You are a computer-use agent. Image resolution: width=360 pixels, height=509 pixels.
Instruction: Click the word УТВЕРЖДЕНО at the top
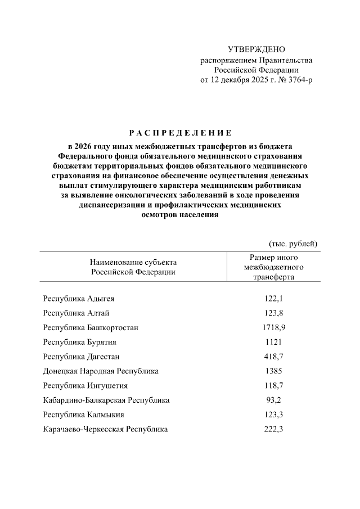tap(256, 50)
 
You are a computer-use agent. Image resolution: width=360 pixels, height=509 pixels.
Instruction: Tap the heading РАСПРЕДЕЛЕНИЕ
tap(180, 133)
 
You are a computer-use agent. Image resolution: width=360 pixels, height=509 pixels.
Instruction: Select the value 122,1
tap(273, 298)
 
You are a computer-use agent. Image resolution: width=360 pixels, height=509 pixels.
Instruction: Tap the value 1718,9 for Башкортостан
tap(273, 327)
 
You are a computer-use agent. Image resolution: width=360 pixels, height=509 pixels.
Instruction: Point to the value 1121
tap(273, 342)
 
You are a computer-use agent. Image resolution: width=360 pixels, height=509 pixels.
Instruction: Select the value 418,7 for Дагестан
tap(273, 357)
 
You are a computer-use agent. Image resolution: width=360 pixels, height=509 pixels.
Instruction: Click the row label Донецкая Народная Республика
tap(101, 371)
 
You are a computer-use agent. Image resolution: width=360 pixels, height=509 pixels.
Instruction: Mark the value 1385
tap(273, 371)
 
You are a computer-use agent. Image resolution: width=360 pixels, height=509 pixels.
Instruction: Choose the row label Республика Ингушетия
tap(85, 386)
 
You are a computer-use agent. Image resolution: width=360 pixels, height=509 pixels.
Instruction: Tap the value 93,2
tap(273, 400)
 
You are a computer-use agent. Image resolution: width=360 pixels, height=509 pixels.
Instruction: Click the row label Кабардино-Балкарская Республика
tap(106, 400)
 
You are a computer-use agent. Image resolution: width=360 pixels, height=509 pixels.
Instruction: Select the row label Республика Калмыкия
tap(84, 415)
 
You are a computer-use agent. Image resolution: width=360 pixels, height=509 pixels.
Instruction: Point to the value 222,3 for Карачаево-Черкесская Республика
tap(273, 430)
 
